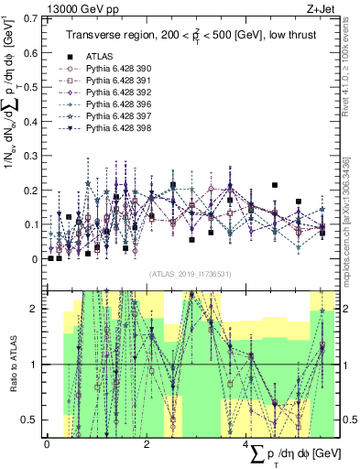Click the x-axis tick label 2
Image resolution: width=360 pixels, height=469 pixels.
[x=147, y=444]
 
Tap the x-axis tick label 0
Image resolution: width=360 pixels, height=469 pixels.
[x=47, y=444]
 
